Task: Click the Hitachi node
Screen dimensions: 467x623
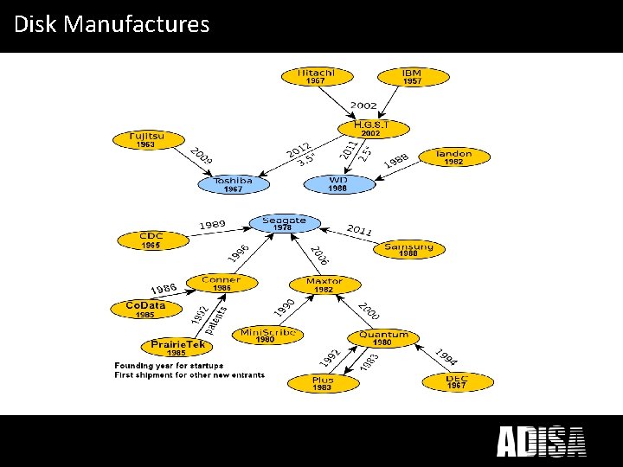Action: click(316, 76)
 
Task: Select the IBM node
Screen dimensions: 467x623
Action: click(413, 76)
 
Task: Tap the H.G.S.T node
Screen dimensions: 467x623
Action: click(370, 129)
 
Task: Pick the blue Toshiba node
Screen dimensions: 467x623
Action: click(233, 184)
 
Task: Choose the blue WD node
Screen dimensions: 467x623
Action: click(337, 183)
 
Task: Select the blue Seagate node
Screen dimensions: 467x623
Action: click(284, 224)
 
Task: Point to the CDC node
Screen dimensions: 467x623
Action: click(151, 240)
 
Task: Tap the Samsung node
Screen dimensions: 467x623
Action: click(408, 249)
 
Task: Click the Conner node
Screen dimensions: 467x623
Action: click(222, 283)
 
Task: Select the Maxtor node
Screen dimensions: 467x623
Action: click(324, 285)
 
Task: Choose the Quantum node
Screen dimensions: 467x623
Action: click(382, 337)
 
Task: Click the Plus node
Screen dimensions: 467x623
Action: click(323, 383)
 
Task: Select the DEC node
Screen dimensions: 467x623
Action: click(457, 381)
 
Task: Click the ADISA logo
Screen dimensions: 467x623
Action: click(541, 441)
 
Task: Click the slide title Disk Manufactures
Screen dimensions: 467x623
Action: click(112, 24)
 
